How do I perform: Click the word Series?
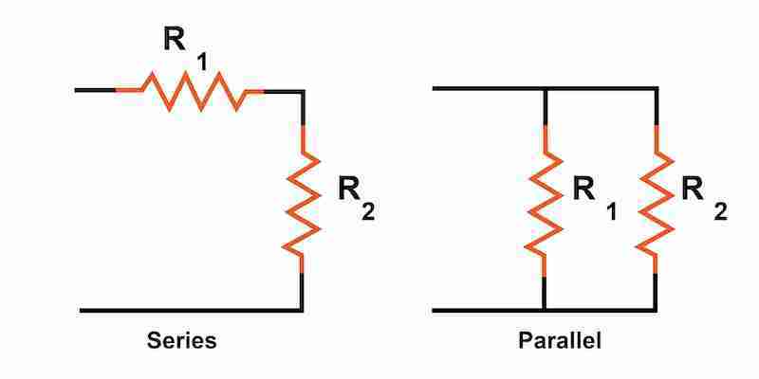181,340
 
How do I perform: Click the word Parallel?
560,340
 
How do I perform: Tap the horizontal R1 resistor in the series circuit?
189,91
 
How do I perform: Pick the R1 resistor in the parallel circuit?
544,200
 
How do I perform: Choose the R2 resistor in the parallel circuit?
656,200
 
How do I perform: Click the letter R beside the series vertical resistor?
351,189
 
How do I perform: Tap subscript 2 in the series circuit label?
368,212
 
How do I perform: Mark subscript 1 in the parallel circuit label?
611,213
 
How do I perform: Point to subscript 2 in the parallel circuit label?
721,212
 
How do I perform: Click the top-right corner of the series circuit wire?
302,91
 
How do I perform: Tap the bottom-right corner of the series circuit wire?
302,310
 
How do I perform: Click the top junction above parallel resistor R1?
544,89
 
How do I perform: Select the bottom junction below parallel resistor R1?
544,310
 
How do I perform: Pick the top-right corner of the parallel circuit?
656,89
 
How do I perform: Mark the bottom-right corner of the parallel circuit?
656,310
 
